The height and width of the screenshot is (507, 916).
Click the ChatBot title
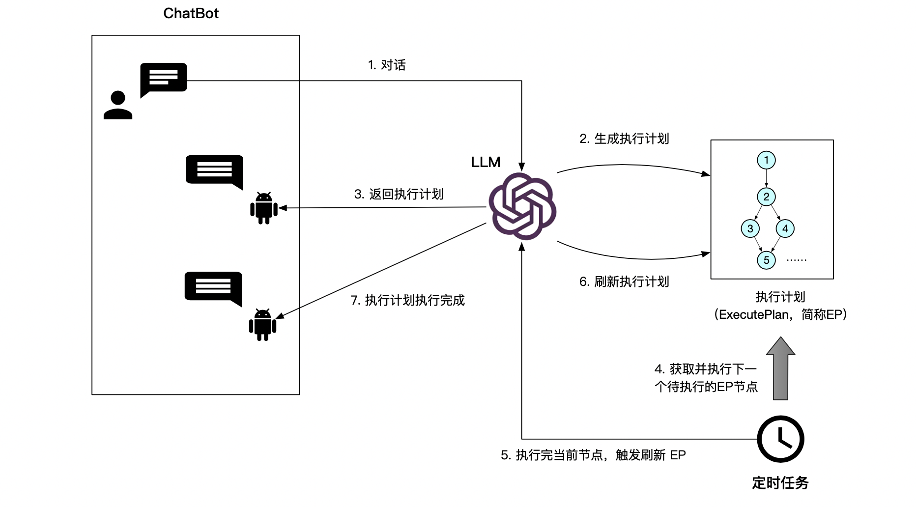[x=191, y=13]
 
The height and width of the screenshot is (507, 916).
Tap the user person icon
[x=118, y=105]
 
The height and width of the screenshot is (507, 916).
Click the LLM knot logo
[x=522, y=206]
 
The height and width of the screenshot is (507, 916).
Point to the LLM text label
[x=486, y=162]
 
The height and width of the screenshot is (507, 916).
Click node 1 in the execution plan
[x=766, y=160]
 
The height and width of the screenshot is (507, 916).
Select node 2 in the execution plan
[x=766, y=197]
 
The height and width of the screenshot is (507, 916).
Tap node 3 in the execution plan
[x=750, y=228]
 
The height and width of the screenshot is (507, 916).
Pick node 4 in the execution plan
[x=785, y=228]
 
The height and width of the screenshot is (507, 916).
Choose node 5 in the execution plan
[x=766, y=260]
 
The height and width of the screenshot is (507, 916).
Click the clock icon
[x=780, y=439]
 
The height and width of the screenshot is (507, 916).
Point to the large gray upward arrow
[x=780, y=368]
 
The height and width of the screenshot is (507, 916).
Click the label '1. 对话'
[x=387, y=65]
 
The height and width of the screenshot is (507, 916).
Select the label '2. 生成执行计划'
[x=624, y=139]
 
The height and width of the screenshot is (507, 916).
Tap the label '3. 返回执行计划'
[x=399, y=194]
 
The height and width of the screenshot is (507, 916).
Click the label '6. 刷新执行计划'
[x=624, y=282]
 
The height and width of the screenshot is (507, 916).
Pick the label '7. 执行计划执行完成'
[x=407, y=300]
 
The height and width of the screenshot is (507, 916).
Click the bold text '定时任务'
[x=780, y=483]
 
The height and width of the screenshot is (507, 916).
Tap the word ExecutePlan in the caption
[x=754, y=314]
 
